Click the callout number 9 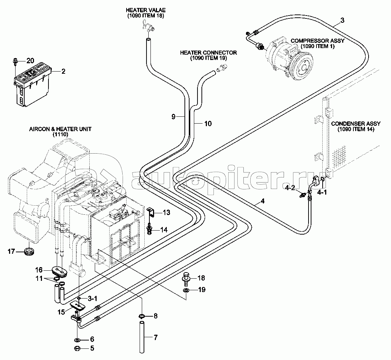pyautogui.click(x=173, y=116)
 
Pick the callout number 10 pyautogui.click(x=208, y=124)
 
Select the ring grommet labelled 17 pyautogui.click(x=28, y=250)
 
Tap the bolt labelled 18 pyautogui.click(x=187, y=278)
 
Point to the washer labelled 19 pyautogui.click(x=185, y=290)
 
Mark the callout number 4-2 pyautogui.click(x=290, y=188)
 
